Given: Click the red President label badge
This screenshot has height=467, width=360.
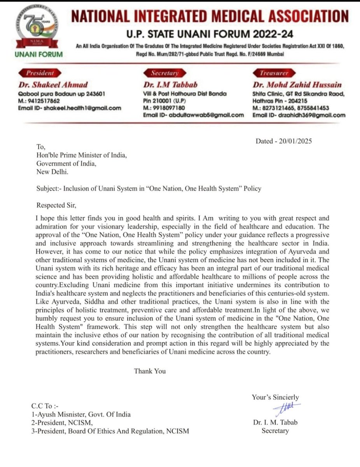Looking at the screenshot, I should point(40,73).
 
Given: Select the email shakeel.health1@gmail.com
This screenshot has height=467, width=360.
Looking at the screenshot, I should point(69,108).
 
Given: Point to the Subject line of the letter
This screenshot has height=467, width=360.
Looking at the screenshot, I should point(149,188).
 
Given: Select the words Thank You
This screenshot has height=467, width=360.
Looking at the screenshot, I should point(150,371).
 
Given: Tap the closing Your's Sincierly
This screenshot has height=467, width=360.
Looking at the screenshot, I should point(275,397).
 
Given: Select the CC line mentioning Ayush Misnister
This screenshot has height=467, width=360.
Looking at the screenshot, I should point(81,414).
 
